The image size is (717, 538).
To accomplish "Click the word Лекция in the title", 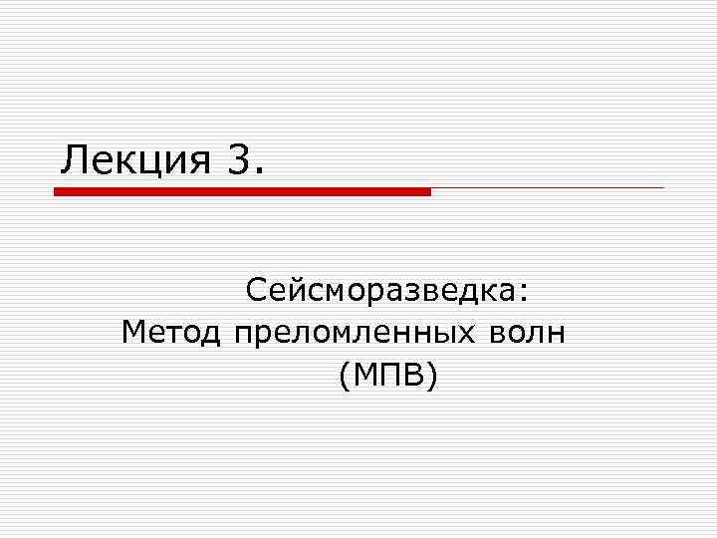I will pos(134,159).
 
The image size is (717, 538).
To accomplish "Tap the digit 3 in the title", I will pos(239,159).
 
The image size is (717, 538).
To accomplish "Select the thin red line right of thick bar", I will pos(548,187).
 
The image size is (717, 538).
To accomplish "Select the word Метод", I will pos(170,332).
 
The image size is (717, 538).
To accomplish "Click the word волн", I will pos(528,332).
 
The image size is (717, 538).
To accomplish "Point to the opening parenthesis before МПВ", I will pos(345,376).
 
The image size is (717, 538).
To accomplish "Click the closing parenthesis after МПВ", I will pos(431,376).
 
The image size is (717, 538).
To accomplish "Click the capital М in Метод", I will pos(134,332).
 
